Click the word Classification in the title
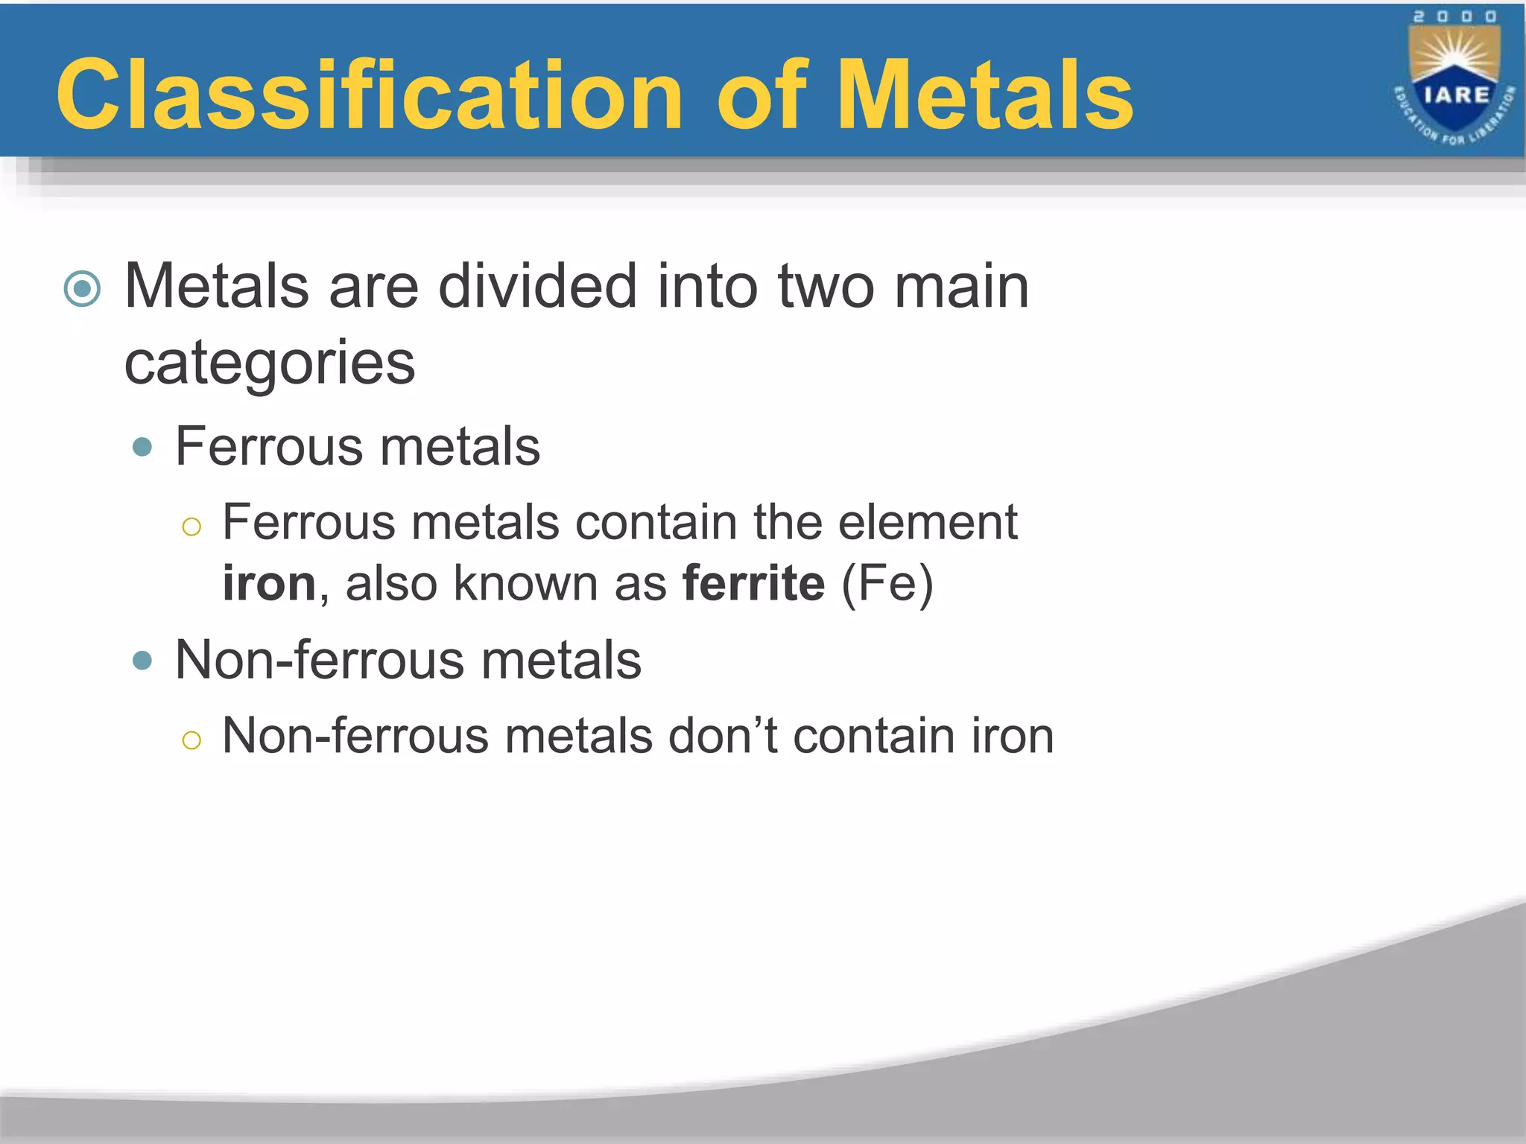click(369, 95)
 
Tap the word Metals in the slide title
click(985, 95)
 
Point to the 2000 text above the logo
click(1454, 16)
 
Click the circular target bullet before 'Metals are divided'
click(82, 288)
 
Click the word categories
click(270, 363)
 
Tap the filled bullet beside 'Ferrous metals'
click(142, 448)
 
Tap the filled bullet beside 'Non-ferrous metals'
click(142, 661)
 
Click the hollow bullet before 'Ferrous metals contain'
click(191, 527)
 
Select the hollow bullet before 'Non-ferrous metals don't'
click(191, 740)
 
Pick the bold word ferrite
click(753, 582)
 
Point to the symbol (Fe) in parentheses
click(887, 582)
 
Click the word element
click(928, 522)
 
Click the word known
click(525, 582)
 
